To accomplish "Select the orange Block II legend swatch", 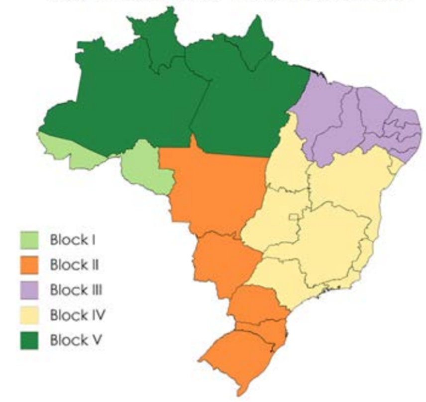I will [30, 265].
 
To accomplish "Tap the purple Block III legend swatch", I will [30, 290].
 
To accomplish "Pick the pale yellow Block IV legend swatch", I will [30, 315].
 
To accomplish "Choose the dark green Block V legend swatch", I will [30, 340].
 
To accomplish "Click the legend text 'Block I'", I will [73, 240].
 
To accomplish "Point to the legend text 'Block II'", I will [74, 265].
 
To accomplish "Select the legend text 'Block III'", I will [76, 290].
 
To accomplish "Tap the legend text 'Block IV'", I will [77, 315].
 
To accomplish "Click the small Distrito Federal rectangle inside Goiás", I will [295, 215].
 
